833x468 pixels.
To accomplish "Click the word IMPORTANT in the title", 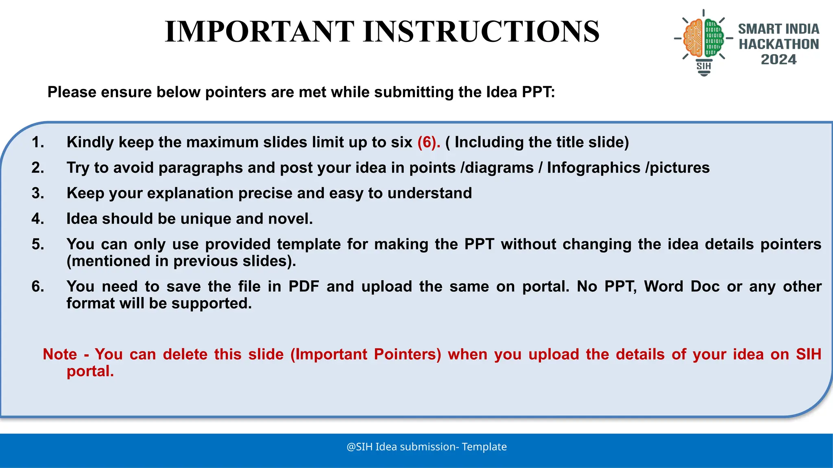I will click(259, 32).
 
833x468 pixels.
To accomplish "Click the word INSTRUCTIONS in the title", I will click(481, 32).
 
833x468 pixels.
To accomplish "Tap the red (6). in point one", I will click(429, 142).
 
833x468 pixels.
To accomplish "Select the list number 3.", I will click(37, 193).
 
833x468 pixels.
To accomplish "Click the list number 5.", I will click(37, 244).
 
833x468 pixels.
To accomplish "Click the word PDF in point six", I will click(303, 286).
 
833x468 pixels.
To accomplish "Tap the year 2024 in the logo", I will click(778, 60).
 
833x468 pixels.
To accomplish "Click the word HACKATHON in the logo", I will click(778, 44).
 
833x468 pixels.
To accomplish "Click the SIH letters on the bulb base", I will click(704, 66).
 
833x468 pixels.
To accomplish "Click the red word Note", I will click(60, 354).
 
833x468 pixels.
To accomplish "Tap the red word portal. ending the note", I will click(90, 371).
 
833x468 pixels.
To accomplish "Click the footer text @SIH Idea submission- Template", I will click(426, 447).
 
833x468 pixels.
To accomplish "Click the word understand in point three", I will click(430, 193).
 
